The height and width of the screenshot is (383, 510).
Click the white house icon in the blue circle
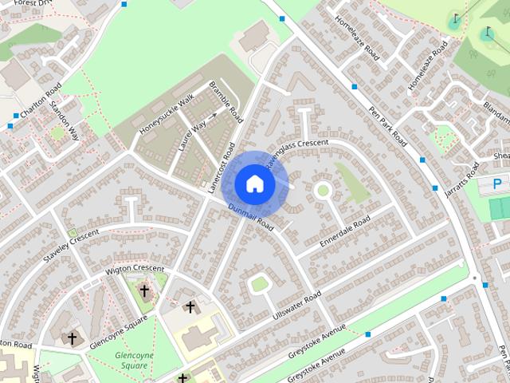pos(254,184)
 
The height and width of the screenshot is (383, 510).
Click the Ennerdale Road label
pos(344,231)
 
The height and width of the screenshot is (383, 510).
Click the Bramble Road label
pos(226,100)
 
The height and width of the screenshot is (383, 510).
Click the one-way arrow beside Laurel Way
pos(214,116)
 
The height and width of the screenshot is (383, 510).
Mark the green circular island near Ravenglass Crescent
pos(323,190)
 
